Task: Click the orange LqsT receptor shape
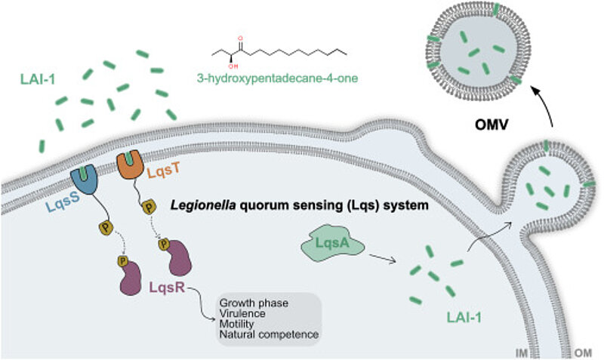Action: [133, 167]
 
